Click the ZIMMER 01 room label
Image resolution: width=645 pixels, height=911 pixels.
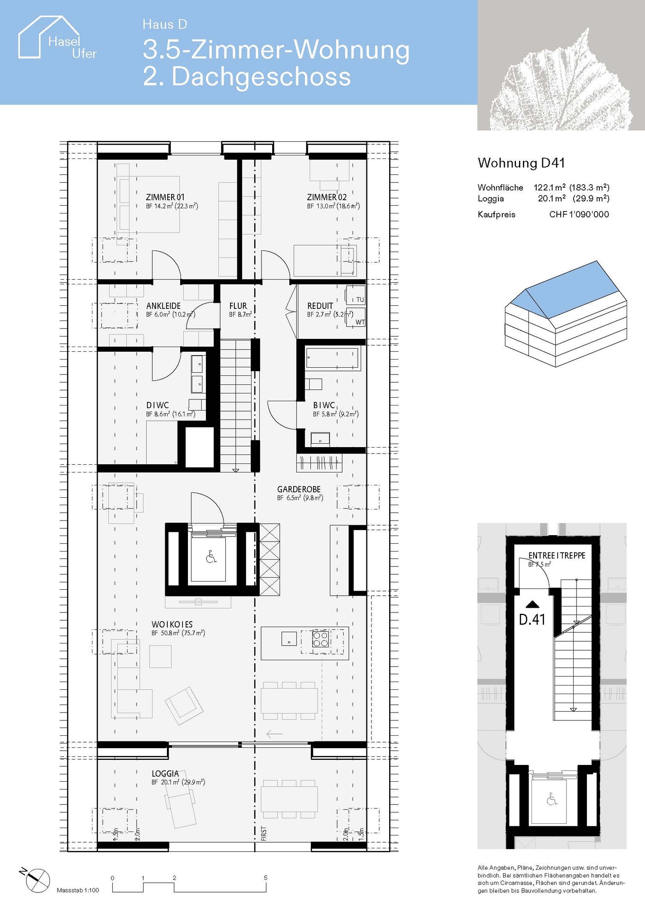(165, 197)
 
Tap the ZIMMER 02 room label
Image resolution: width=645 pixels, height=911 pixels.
(326, 197)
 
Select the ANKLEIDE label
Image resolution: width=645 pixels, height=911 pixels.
(163, 306)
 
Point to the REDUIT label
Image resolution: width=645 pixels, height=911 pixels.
(320, 306)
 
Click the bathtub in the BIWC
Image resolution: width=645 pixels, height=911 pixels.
(332, 359)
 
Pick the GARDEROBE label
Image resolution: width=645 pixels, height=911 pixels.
(299, 489)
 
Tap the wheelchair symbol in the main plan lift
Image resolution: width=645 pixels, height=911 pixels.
(211, 558)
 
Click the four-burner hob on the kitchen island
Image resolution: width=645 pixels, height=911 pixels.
(320, 639)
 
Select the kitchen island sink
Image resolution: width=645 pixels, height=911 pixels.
(289, 639)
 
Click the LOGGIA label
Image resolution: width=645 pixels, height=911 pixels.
(165, 774)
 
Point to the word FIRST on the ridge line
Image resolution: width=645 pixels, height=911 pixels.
(264, 834)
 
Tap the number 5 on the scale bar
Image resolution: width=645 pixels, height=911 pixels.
(266, 877)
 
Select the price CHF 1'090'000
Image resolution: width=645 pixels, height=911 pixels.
(579, 214)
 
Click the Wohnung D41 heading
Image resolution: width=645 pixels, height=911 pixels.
(521, 163)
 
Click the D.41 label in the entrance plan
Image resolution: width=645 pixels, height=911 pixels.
(532, 619)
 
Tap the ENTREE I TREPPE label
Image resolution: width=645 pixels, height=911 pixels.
(557, 555)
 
